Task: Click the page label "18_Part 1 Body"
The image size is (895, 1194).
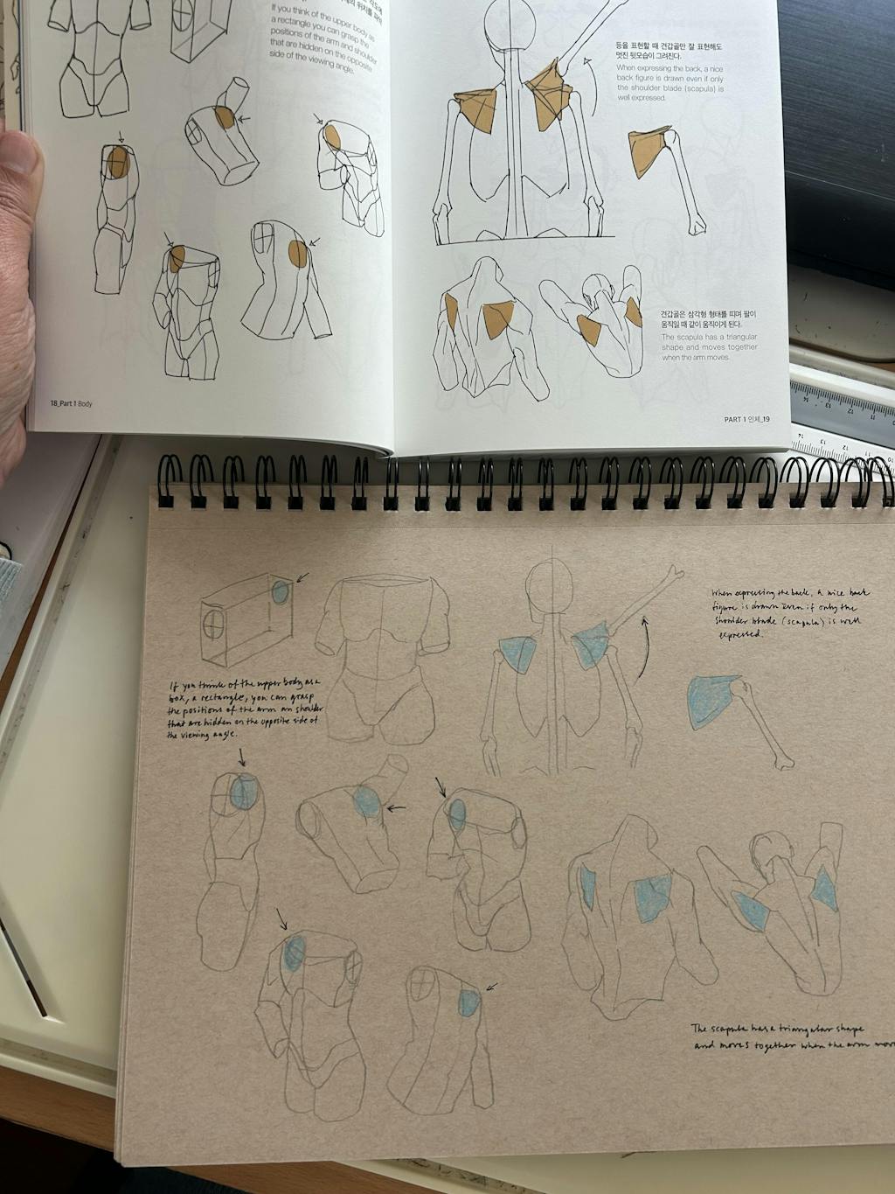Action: coord(71,403)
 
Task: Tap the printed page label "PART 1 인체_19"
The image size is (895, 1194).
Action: coord(746,419)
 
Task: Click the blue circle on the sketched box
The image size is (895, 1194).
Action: coord(280,592)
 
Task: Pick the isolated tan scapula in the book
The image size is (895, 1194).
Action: coord(649,150)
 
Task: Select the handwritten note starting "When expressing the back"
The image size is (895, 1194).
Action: coord(791,612)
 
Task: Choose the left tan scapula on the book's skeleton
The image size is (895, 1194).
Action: coord(475,110)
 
